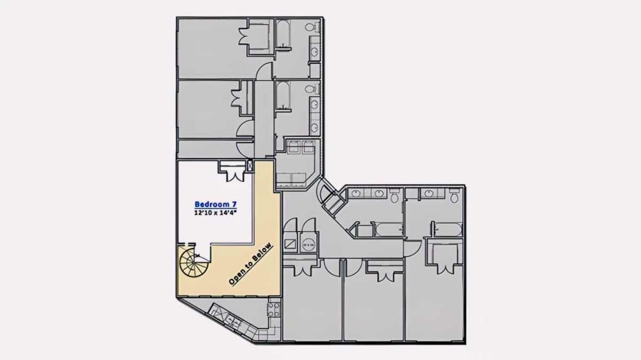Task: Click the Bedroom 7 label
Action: click(x=215, y=205)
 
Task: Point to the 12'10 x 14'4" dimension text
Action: click(x=215, y=213)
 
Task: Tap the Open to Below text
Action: click(x=251, y=264)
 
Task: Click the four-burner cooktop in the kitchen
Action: click(x=273, y=310)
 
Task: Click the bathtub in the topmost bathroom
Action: click(x=283, y=34)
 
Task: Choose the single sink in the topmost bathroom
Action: click(x=315, y=52)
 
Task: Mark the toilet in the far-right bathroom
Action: click(x=454, y=196)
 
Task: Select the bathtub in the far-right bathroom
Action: click(x=448, y=230)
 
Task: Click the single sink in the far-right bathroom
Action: click(x=428, y=193)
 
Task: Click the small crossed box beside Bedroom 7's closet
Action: click(x=251, y=166)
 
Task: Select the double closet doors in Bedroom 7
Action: click(x=235, y=175)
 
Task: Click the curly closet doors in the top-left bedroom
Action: click(x=244, y=37)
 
